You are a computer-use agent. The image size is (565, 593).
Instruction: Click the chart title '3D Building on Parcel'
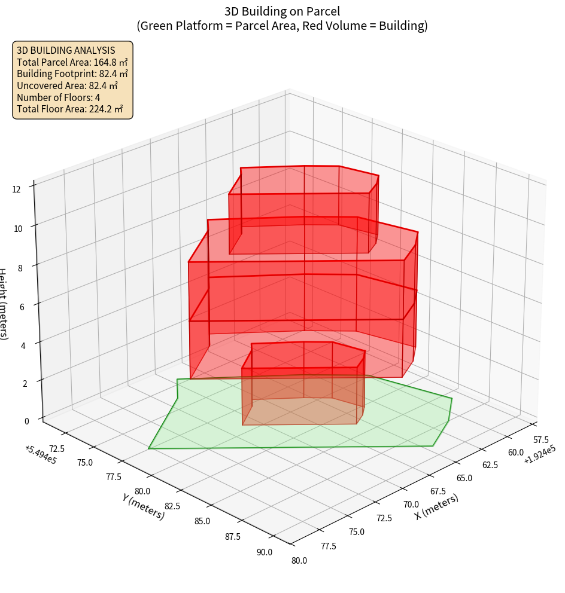click(282, 11)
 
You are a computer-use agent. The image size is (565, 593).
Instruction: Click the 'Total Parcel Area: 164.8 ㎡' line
click(72, 62)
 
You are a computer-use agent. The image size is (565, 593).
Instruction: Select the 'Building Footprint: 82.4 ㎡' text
click(72, 74)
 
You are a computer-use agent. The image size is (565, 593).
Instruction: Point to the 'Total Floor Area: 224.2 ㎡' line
click(70, 109)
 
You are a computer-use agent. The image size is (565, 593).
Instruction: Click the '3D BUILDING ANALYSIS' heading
click(66, 50)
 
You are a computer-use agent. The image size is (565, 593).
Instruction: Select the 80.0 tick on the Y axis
click(142, 491)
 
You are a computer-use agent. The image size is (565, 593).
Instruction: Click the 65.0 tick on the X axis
click(463, 478)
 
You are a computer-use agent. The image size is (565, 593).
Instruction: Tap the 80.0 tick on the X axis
click(299, 560)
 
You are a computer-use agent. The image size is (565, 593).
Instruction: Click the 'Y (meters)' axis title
click(143, 506)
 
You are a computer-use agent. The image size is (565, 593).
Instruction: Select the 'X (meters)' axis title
click(436, 506)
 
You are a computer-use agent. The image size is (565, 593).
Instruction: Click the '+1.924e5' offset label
click(540, 458)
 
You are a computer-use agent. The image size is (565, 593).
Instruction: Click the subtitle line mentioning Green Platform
click(282, 26)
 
